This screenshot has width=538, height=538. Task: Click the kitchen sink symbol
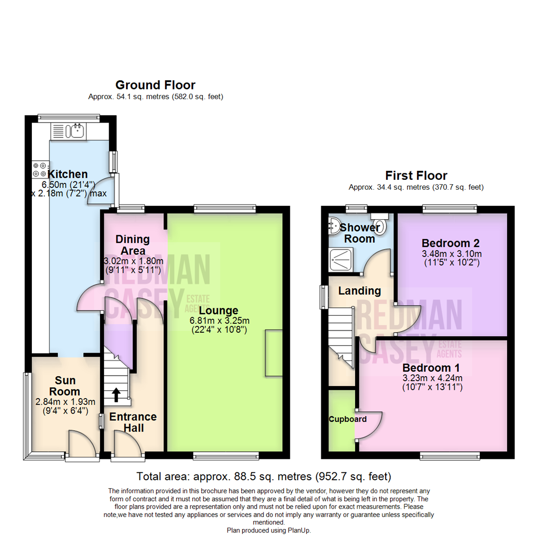click(x=77, y=132)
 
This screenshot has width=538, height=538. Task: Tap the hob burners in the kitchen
click(x=40, y=170)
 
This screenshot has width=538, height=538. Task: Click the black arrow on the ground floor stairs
click(x=116, y=395)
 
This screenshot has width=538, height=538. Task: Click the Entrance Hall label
click(x=133, y=422)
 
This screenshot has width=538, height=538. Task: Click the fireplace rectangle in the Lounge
click(x=273, y=353)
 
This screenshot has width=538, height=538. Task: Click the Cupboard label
click(x=347, y=419)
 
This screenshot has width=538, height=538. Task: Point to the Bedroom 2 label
click(x=450, y=243)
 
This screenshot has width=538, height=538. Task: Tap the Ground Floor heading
click(x=155, y=85)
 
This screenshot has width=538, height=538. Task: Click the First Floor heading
click(x=416, y=175)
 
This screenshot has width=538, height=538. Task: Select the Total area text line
click(x=264, y=476)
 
